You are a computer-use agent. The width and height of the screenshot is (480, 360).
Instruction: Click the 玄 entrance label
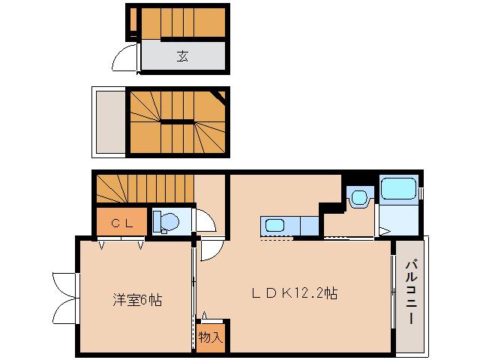pyautogui.click(x=183, y=55)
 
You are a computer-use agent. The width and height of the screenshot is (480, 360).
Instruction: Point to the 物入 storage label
pyautogui.click(x=211, y=337)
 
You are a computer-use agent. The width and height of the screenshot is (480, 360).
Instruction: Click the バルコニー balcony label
pyautogui.click(x=412, y=292)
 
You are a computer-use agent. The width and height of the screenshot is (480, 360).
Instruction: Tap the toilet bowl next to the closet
pyautogui.click(x=166, y=222)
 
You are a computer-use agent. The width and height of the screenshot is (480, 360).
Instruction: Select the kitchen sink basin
pyautogui.click(x=273, y=225)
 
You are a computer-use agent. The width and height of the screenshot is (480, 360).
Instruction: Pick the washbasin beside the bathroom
pyautogui.click(x=359, y=197)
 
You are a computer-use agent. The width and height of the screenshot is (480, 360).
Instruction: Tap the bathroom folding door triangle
pyautogui.click(x=382, y=231)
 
